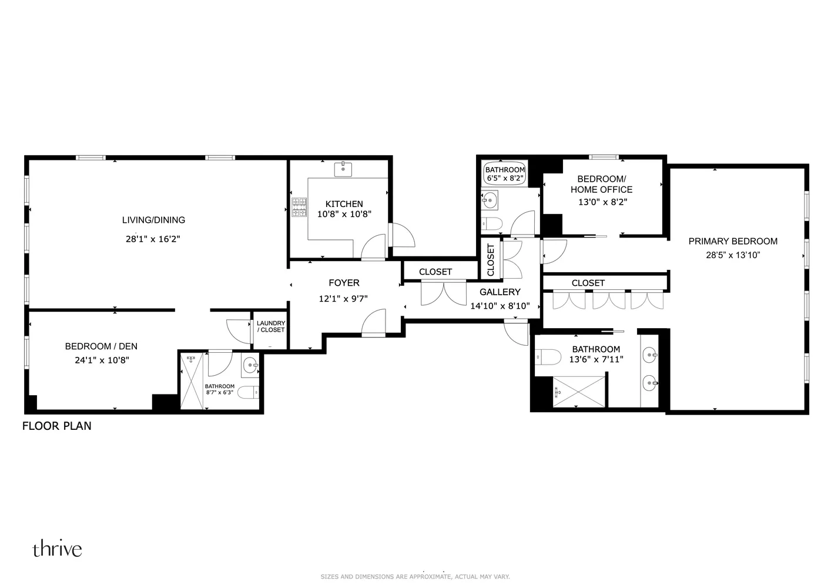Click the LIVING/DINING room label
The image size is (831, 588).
(153, 220)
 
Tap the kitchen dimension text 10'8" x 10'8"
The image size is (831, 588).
(344, 215)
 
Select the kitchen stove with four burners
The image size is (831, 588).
(300, 207)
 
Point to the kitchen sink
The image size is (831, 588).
(343, 170)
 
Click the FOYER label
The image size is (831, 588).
(344, 283)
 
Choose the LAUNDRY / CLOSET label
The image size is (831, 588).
(271, 326)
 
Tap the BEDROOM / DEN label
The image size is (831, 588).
(101, 346)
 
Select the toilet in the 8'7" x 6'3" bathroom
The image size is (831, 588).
(249, 391)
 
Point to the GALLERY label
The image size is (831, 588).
(500, 292)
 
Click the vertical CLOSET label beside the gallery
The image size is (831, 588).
(491, 259)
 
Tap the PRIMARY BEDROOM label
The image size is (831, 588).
(732, 241)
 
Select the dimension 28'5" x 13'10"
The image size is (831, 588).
(733, 255)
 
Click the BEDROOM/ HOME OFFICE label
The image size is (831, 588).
(601, 184)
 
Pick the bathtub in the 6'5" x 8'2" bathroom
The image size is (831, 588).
(504, 173)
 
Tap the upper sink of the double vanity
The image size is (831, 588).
(649, 355)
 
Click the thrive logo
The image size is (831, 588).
(57, 549)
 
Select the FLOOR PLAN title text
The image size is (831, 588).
(57, 426)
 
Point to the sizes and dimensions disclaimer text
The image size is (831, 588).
(415, 577)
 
